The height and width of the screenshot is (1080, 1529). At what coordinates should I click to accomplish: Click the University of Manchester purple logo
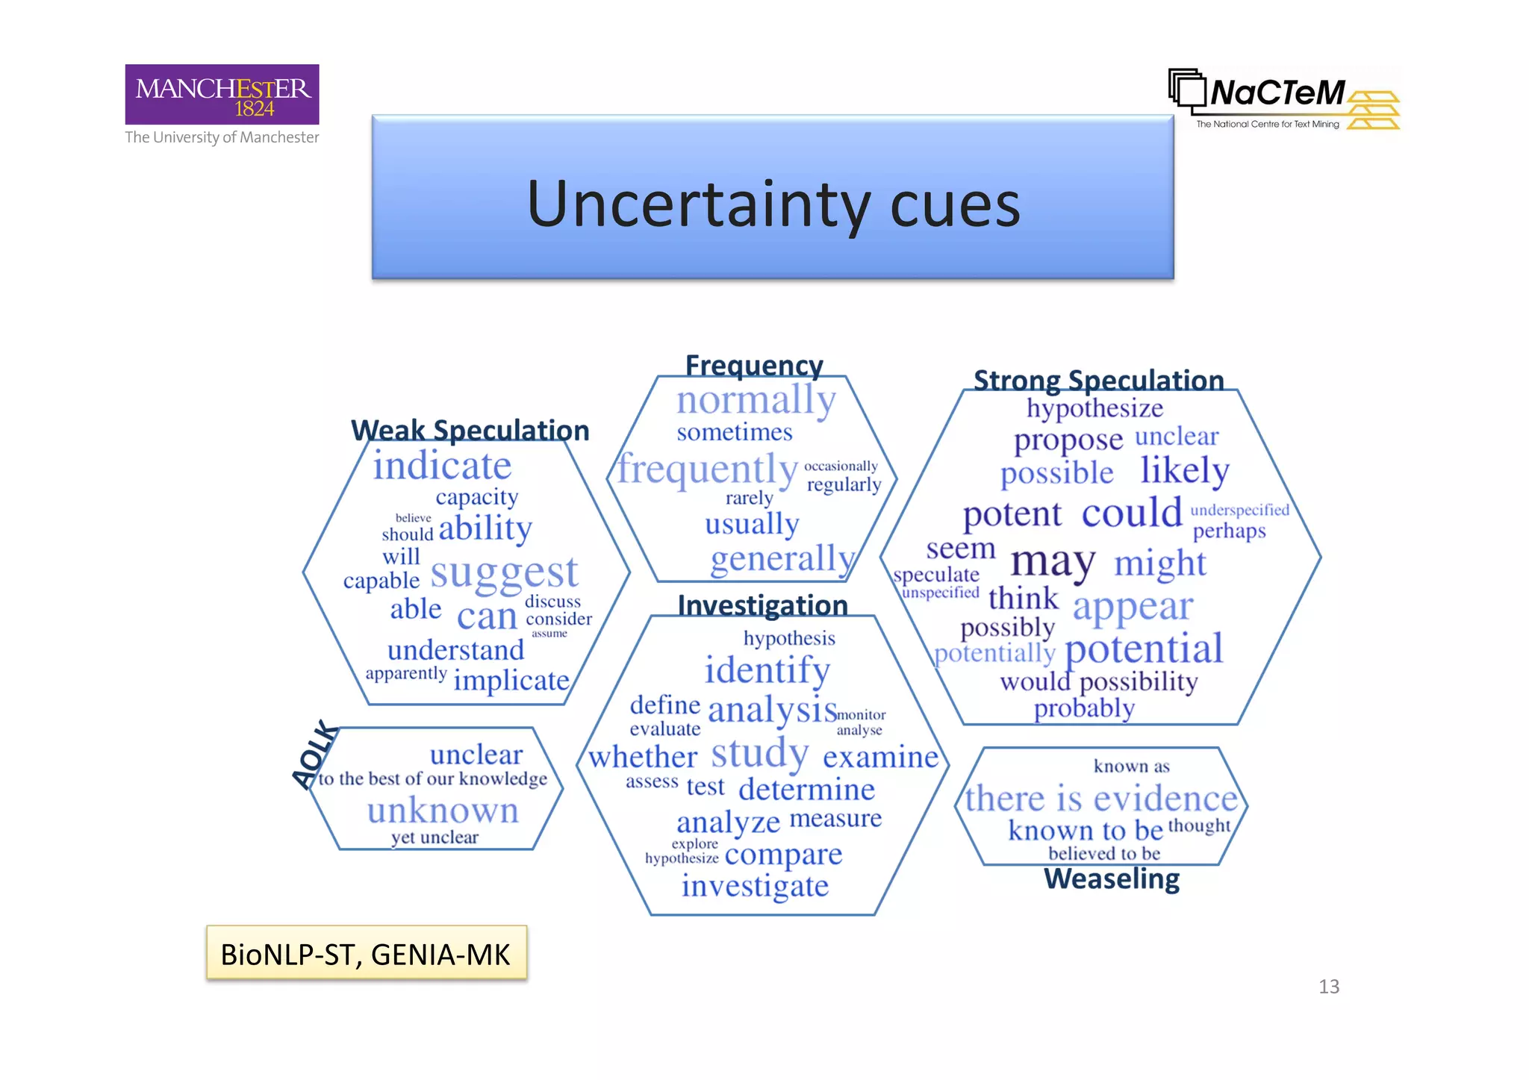(x=222, y=94)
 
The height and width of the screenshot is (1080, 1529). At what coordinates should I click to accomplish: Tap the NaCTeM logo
(x=1283, y=99)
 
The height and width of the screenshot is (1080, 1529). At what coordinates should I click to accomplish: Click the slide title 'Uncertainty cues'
(x=773, y=203)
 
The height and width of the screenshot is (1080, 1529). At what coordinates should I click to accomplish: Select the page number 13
(x=1329, y=987)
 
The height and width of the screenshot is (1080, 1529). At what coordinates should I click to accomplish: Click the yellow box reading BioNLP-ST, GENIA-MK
(x=366, y=954)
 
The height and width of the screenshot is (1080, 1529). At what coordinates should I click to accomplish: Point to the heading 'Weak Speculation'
(x=470, y=430)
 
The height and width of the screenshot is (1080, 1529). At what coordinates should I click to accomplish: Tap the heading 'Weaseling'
(x=1112, y=879)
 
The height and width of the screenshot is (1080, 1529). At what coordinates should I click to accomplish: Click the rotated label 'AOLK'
(x=315, y=754)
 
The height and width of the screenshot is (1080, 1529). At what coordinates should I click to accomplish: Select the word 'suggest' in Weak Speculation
(x=504, y=573)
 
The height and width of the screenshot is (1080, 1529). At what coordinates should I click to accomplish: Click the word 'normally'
(x=756, y=401)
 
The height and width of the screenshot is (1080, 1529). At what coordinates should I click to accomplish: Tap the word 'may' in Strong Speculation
(x=1053, y=561)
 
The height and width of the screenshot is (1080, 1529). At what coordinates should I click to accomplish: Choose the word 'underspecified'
(x=1239, y=510)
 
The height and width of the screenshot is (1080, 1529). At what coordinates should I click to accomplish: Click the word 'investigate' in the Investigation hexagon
(x=755, y=886)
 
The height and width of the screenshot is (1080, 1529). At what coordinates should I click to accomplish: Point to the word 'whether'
(x=643, y=757)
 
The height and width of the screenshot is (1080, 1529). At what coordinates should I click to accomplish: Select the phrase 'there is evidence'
(x=1101, y=799)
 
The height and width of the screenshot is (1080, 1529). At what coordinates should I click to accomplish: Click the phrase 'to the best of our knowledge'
(x=433, y=779)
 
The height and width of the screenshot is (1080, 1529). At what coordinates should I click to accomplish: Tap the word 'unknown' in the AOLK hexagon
(x=443, y=811)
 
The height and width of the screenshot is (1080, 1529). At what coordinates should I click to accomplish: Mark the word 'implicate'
(x=511, y=681)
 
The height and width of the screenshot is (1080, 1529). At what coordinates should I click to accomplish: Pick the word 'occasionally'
(x=841, y=466)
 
